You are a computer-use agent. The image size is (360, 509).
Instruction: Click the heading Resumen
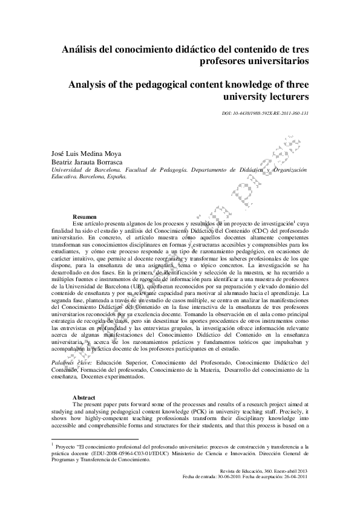84,216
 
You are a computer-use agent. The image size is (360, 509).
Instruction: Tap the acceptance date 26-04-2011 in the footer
297,476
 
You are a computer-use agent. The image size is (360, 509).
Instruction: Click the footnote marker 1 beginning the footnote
53,444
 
